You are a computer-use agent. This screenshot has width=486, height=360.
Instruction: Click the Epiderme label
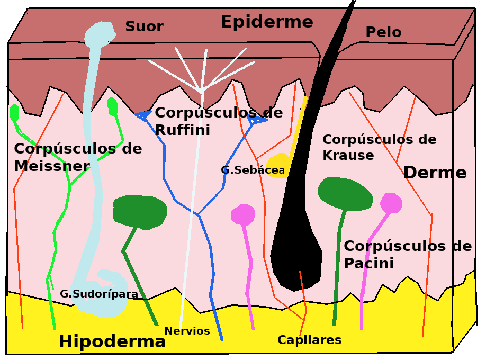[266, 22]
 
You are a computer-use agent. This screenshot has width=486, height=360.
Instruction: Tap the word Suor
[144, 26]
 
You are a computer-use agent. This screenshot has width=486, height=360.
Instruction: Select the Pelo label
[383, 32]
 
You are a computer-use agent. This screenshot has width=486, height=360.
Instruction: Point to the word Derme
[435, 173]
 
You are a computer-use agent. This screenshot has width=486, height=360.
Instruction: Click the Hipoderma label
[112, 341]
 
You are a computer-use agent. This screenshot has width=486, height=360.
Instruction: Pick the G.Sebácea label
[253, 170]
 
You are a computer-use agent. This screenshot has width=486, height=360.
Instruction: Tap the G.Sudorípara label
[99, 294]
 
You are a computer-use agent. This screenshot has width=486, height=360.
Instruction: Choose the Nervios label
[187, 331]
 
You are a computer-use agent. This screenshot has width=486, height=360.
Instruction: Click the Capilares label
[309, 340]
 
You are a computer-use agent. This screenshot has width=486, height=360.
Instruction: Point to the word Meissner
[52, 166]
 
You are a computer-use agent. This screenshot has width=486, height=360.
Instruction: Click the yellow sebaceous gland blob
[279, 165]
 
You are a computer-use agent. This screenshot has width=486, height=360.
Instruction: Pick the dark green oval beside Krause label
[345, 194]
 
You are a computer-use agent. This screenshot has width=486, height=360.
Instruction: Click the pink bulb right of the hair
[391, 203]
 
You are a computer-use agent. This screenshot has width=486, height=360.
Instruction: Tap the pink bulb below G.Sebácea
[243, 214]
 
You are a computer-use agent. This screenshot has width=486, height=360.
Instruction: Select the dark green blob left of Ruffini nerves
[140, 211]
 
